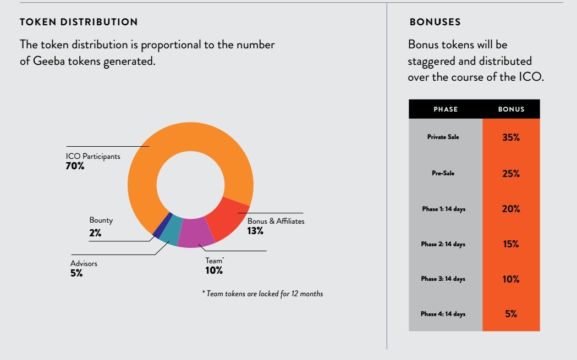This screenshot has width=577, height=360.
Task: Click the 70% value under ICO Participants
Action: pyautogui.click(x=75, y=166)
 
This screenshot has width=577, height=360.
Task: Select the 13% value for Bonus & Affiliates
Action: pyautogui.click(x=255, y=231)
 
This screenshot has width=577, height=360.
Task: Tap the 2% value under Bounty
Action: pyautogui.click(x=95, y=233)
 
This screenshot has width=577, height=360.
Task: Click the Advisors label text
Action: pyautogui.click(x=84, y=263)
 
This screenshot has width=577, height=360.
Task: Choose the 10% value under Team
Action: pyautogui.click(x=214, y=270)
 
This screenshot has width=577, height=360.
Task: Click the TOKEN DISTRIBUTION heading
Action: pyautogui.click(x=79, y=23)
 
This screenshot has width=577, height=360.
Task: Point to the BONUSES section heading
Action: pyautogui.click(x=435, y=23)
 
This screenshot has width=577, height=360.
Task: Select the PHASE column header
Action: pyautogui.click(x=446, y=109)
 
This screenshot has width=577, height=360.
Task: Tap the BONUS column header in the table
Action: pyautogui.click(x=511, y=109)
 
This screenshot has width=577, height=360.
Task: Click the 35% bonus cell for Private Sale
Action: pyautogui.click(x=511, y=137)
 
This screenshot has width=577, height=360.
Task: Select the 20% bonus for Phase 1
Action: pyautogui.click(x=511, y=209)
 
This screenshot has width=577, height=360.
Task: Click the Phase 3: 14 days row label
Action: pyautogui.click(x=443, y=279)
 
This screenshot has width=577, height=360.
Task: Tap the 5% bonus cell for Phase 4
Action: pyautogui.click(x=511, y=314)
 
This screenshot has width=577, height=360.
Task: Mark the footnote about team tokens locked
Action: pyautogui.click(x=262, y=294)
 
